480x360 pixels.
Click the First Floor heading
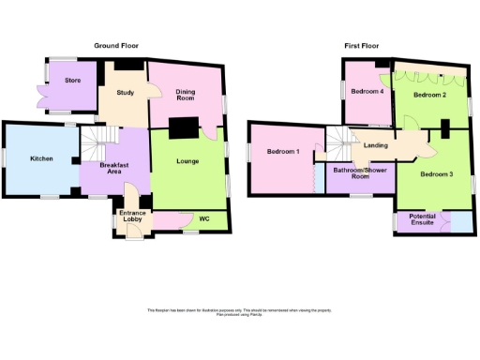pos(364,45)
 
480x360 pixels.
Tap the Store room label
pos(72,81)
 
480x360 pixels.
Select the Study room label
pos(127,93)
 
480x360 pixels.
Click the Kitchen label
pos(41,159)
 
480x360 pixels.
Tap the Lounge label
pos(187,162)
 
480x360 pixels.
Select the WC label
pos(203,219)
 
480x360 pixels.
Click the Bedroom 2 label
pos(430,96)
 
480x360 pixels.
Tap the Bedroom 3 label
pos(436,174)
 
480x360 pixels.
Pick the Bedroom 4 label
pos(367,92)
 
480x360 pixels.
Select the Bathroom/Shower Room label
pos(360,173)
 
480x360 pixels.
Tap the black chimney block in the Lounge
pos(185,127)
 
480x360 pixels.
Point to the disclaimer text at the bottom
pos(239,312)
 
